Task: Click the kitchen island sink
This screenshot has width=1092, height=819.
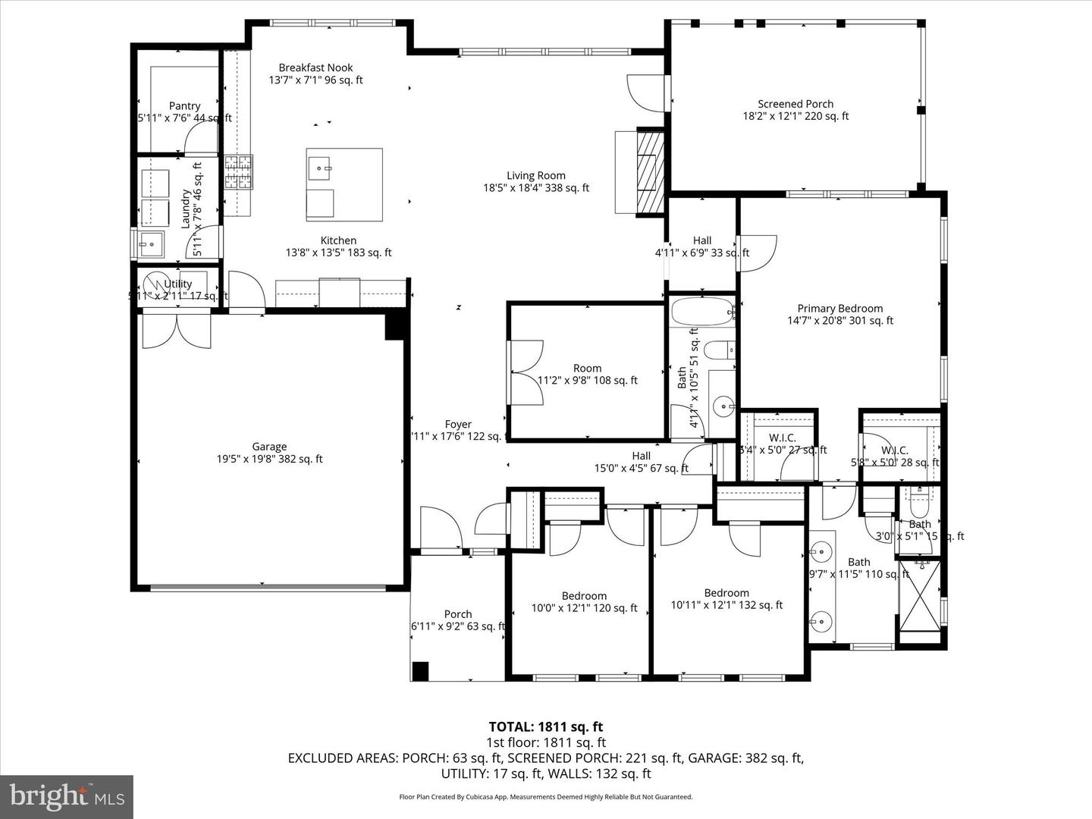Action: [x=320, y=167]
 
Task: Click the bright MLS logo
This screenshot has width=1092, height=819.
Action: [x=66, y=797]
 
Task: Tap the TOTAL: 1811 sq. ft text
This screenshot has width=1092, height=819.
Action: [x=545, y=727]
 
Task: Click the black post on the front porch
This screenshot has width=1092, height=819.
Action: [x=420, y=671]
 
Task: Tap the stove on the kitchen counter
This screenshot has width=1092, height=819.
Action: [x=237, y=173]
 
